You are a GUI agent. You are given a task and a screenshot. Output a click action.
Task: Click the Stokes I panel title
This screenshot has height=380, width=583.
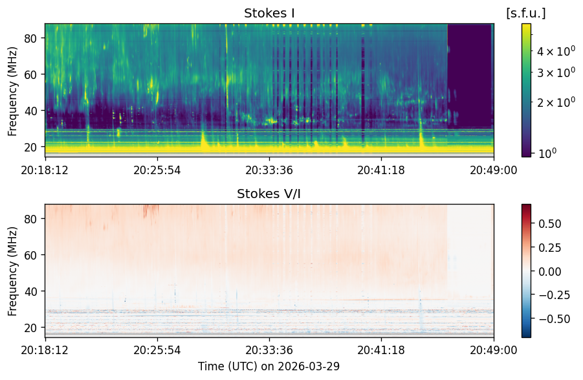click(x=269, y=13)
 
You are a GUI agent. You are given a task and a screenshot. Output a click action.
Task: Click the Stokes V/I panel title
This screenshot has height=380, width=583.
click(x=269, y=194)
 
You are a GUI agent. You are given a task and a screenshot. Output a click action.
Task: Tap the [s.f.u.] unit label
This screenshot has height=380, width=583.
click(x=526, y=13)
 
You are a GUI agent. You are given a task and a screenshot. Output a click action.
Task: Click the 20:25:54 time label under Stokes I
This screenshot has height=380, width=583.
click(x=157, y=170)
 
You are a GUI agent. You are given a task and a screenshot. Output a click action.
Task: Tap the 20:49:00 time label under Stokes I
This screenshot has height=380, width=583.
click(x=494, y=170)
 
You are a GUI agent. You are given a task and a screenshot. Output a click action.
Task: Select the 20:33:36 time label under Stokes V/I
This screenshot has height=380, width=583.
click(x=269, y=350)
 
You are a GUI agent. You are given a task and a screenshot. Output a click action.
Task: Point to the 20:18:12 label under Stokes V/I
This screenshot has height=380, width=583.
click(x=45, y=350)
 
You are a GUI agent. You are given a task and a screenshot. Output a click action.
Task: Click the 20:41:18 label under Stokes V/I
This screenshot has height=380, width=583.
click(x=381, y=350)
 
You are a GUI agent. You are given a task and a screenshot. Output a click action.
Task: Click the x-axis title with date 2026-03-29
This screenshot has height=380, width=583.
click(x=269, y=366)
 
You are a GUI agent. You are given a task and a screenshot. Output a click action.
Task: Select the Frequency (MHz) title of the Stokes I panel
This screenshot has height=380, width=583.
click(x=12, y=91)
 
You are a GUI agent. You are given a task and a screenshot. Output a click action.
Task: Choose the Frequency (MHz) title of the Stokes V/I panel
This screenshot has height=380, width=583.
click(x=12, y=271)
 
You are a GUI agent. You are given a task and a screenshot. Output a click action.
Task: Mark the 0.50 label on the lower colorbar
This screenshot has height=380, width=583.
click(x=550, y=224)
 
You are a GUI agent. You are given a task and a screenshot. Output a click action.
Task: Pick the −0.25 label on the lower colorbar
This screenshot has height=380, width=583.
click(x=554, y=295)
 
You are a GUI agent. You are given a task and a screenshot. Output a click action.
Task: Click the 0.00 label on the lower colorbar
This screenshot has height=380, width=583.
click(x=550, y=271)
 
